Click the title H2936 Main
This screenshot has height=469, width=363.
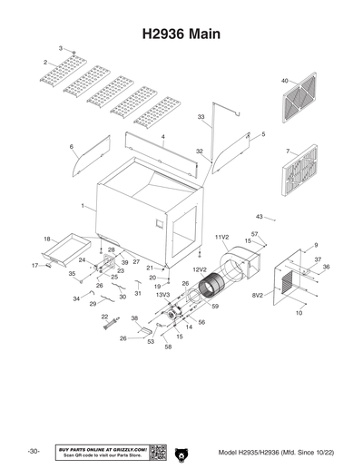tap(181, 34)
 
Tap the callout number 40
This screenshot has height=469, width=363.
tap(284, 81)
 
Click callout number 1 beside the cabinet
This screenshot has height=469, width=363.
tap(82, 206)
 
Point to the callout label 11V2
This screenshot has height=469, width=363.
tap(221, 237)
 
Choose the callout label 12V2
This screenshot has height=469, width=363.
tap(200, 269)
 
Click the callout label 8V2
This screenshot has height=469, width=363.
tap(257, 295)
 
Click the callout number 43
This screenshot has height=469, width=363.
tap(259, 217)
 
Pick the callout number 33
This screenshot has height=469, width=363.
tap(201, 117)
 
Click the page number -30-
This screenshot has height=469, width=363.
tap(33, 451)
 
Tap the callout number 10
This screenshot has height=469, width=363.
tap(299, 313)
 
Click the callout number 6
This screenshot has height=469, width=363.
tap(71, 146)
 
